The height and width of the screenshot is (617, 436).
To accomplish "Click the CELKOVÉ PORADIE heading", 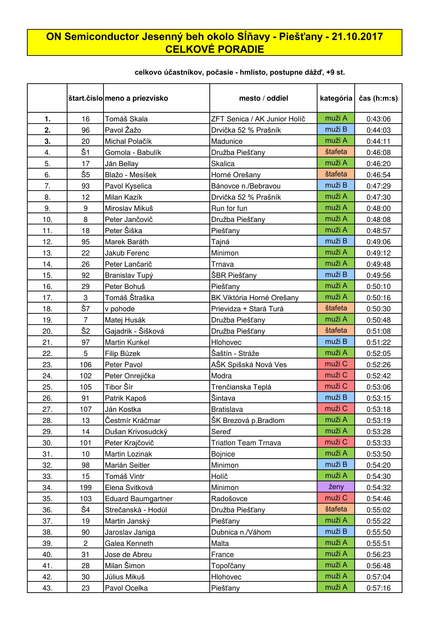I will click(x=215, y=49).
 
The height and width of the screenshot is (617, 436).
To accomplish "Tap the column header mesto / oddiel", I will click(x=263, y=98).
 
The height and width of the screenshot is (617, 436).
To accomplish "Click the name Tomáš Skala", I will click(x=126, y=119).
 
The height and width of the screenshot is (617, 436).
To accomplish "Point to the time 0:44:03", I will click(x=378, y=130).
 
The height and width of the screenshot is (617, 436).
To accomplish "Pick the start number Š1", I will click(x=85, y=152).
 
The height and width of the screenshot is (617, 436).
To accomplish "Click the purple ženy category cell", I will click(x=336, y=487).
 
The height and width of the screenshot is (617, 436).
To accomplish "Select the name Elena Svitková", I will click(x=129, y=487).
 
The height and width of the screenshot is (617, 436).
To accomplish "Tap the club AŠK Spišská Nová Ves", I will click(x=249, y=365).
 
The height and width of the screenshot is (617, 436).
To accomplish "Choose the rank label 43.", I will click(x=47, y=588).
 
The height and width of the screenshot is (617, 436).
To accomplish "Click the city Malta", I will click(x=220, y=543).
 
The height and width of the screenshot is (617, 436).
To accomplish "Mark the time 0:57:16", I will click(x=378, y=588).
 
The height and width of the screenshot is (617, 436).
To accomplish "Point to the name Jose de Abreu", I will click(x=128, y=554).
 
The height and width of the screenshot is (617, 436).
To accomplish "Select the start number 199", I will click(x=85, y=487).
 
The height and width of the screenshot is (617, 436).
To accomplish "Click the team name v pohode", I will click(x=120, y=309).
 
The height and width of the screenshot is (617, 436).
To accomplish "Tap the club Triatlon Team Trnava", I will click(x=246, y=443).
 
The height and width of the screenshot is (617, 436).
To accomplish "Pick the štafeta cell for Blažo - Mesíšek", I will click(x=336, y=174).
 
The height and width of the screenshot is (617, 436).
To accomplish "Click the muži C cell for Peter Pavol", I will click(x=336, y=364).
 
